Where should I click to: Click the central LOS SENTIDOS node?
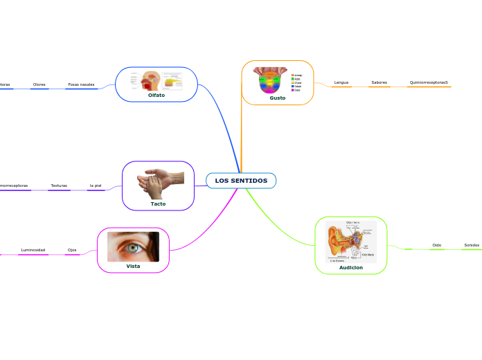pos(241,181)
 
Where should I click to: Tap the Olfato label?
pos(157,95)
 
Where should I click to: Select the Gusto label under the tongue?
pos(277,98)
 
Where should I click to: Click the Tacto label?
pos(158,204)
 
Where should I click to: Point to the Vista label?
pos(133,266)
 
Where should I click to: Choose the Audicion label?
pos(350,267)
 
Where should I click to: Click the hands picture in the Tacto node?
pos(161,183)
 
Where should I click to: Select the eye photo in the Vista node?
pos(133,246)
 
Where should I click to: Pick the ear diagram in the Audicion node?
pos(351,242)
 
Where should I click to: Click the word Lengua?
pos(341,82)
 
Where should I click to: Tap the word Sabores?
pos(379,82)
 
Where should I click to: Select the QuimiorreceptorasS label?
pos(428,82)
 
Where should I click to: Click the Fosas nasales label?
pos(81,84)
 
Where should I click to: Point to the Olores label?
pos(39,84)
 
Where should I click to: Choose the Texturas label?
pos(59,186)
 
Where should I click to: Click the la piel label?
pos(96,186)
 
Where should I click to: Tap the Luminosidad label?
pos(33,250)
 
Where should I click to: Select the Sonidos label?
pos(472,245)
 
